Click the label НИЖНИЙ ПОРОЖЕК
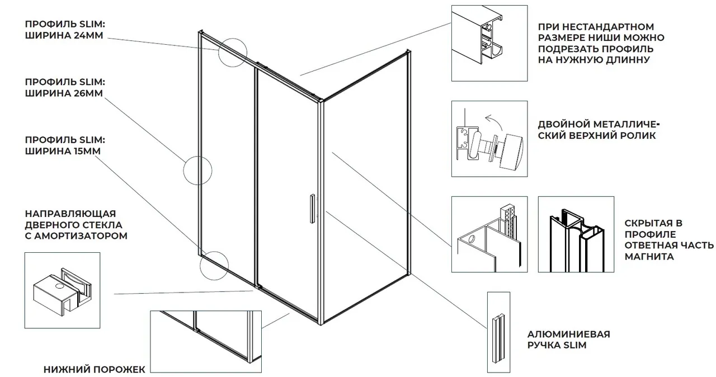tap(94, 369)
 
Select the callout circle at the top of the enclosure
tap(232, 52)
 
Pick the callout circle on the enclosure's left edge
tap(198, 170)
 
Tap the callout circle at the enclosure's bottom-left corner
tap(214, 265)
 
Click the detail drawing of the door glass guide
tap(62, 290)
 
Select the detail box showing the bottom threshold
tap(205, 342)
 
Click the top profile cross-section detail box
tap(489, 44)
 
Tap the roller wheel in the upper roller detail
tap(514, 150)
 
